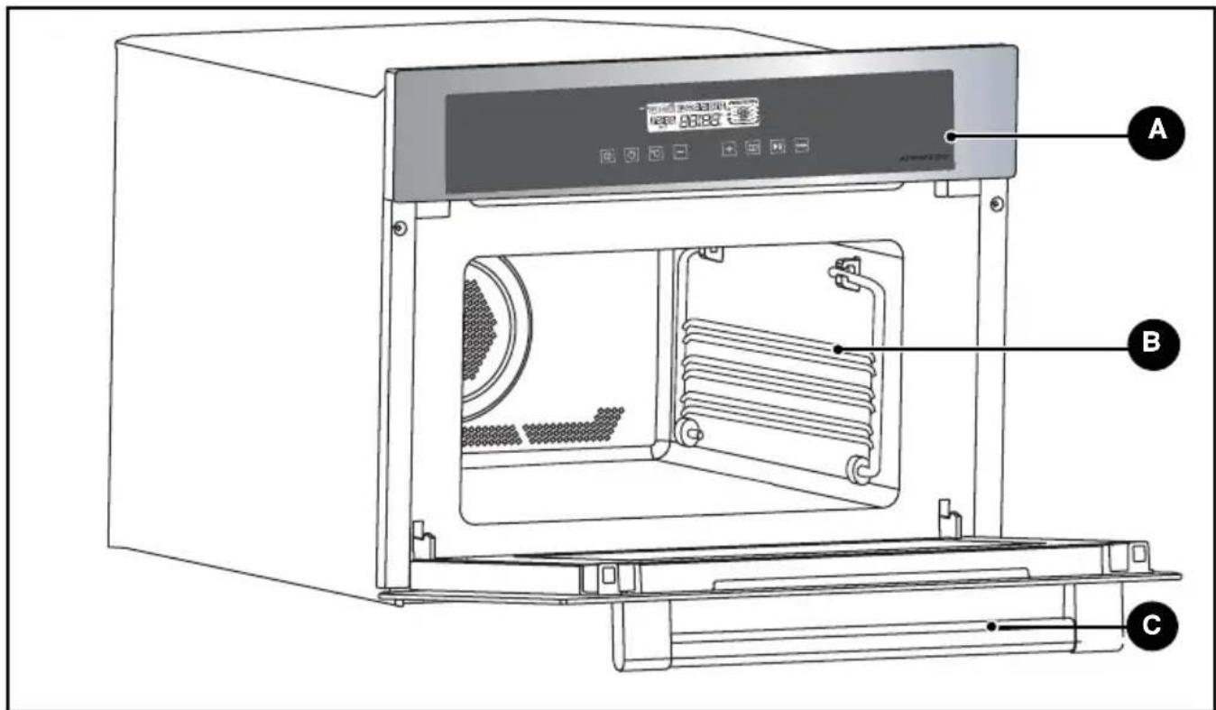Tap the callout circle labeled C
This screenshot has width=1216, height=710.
tap(1150, 625)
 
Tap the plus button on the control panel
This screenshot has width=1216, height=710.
tap(729, 149)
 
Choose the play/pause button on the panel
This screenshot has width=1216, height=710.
tap(777, 147)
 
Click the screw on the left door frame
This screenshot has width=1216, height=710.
tap(400, 226)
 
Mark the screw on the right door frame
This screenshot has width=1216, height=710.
tap(995, 205)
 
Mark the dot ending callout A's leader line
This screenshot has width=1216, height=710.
tap(949, 134)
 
